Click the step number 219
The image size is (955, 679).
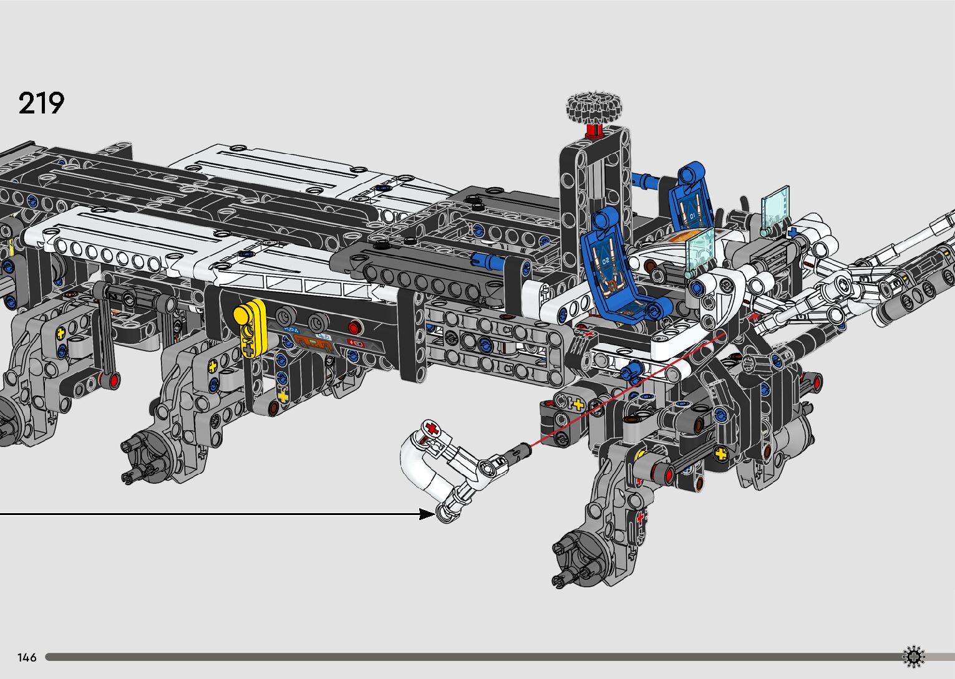(x=41, y=103)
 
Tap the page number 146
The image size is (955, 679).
(x=27, y=657)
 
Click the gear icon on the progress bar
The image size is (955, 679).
(x=914, y=657)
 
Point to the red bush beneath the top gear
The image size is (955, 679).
(x=594, y=132)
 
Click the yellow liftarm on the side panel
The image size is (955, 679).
(x=251, y=326)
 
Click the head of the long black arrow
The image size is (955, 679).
(x=427, y=514)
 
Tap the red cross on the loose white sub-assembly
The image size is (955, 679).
(x=432, y=428)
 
